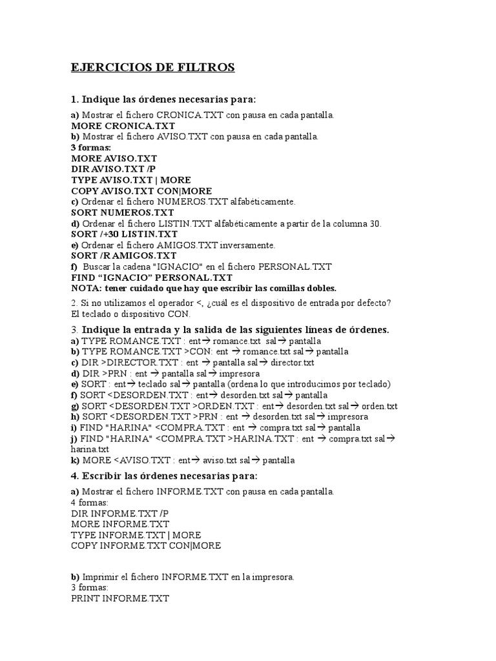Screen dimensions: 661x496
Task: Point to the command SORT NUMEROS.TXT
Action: coord(123,212)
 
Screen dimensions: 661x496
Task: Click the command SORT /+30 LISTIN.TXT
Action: coord(124,234)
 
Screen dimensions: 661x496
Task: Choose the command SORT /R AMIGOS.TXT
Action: coord(123,256)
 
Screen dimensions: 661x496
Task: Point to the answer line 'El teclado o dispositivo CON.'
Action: coord(131,314)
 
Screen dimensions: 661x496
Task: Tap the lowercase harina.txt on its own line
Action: coord(90,449)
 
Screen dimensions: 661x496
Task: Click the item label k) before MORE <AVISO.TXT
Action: coord(75,460)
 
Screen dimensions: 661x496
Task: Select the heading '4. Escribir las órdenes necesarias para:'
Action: coord(164,476)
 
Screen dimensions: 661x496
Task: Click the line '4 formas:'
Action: coord(90,502)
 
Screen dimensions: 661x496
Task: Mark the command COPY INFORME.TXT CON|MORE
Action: coord(146,545)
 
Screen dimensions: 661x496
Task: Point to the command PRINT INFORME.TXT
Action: coord(120,599)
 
